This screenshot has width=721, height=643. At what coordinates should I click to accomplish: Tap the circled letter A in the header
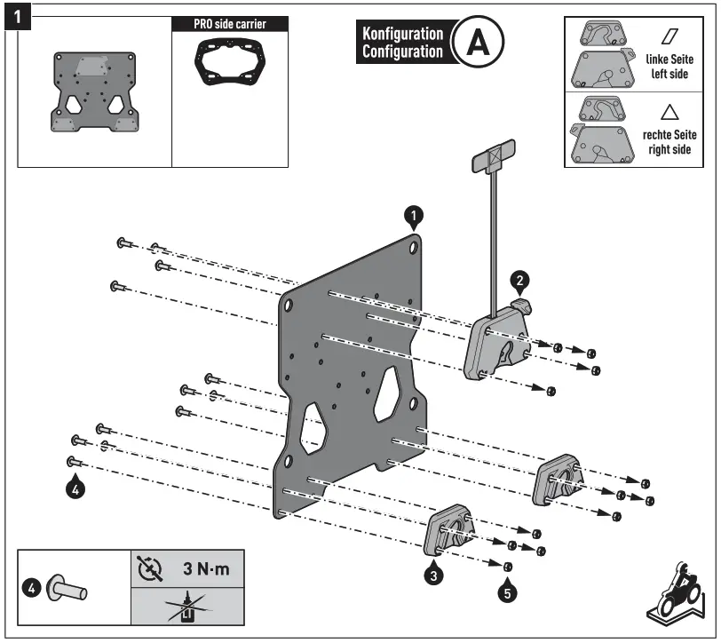pos(478,42)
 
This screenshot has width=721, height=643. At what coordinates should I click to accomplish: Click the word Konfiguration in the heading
pos(402,34)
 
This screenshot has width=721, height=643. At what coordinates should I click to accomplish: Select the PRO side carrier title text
pos(229,24)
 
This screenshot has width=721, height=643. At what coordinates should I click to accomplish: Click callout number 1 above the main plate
pos(413,214)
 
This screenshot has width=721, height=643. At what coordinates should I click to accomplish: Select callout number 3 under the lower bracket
pos(432,575)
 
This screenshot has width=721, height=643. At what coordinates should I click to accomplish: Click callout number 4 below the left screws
pos(76,488)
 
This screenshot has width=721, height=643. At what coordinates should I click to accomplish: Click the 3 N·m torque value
pos(205,568)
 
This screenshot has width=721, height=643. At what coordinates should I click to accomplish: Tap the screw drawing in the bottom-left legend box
pos(67,587)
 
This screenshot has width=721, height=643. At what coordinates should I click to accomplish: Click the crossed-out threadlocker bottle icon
pos(186,607)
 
